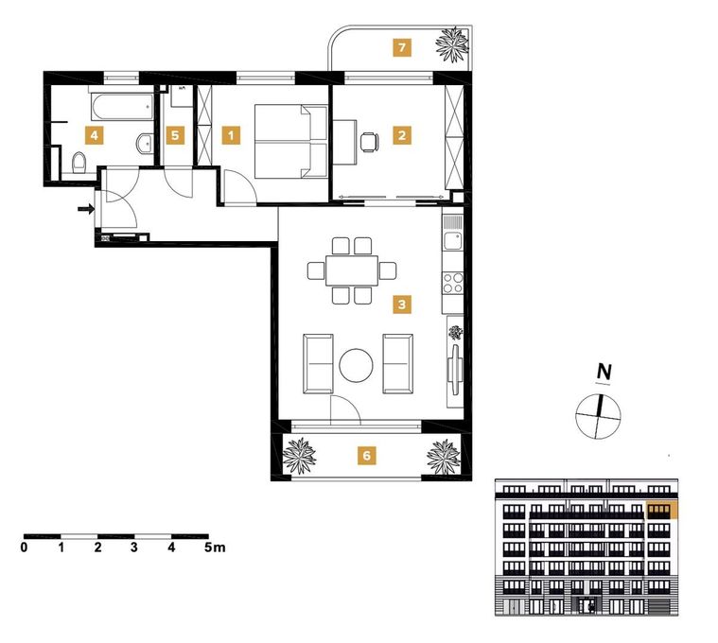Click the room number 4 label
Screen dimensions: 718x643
tap(94, 135)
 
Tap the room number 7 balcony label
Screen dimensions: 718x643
tap(402, 47)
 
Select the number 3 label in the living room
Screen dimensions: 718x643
tap(402, 304)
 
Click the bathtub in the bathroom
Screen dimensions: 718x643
tap(122, 107)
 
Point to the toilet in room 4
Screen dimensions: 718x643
tap(79, 163)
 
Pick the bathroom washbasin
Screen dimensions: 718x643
tap(145, 143)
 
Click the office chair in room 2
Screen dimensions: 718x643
tap(369, 142)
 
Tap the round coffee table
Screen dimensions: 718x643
tap(356, 365)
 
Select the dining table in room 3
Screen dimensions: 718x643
tap(352, 271)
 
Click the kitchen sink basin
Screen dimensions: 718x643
tap(453, 241)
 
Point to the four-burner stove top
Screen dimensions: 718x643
tap(452, 283)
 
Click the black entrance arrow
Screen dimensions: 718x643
tap(86, 209)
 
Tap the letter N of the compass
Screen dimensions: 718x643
tap(604, 372)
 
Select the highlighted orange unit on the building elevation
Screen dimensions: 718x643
tap(661, 511)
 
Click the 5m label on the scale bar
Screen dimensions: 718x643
tap(216, 547)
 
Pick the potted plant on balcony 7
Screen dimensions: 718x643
tap(452, 43)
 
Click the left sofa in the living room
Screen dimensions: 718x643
tap(318, 364)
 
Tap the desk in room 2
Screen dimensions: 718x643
tap(344, 142)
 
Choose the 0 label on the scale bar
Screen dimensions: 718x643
tap(24, 547)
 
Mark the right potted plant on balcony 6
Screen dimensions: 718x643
tap(444, 457)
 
